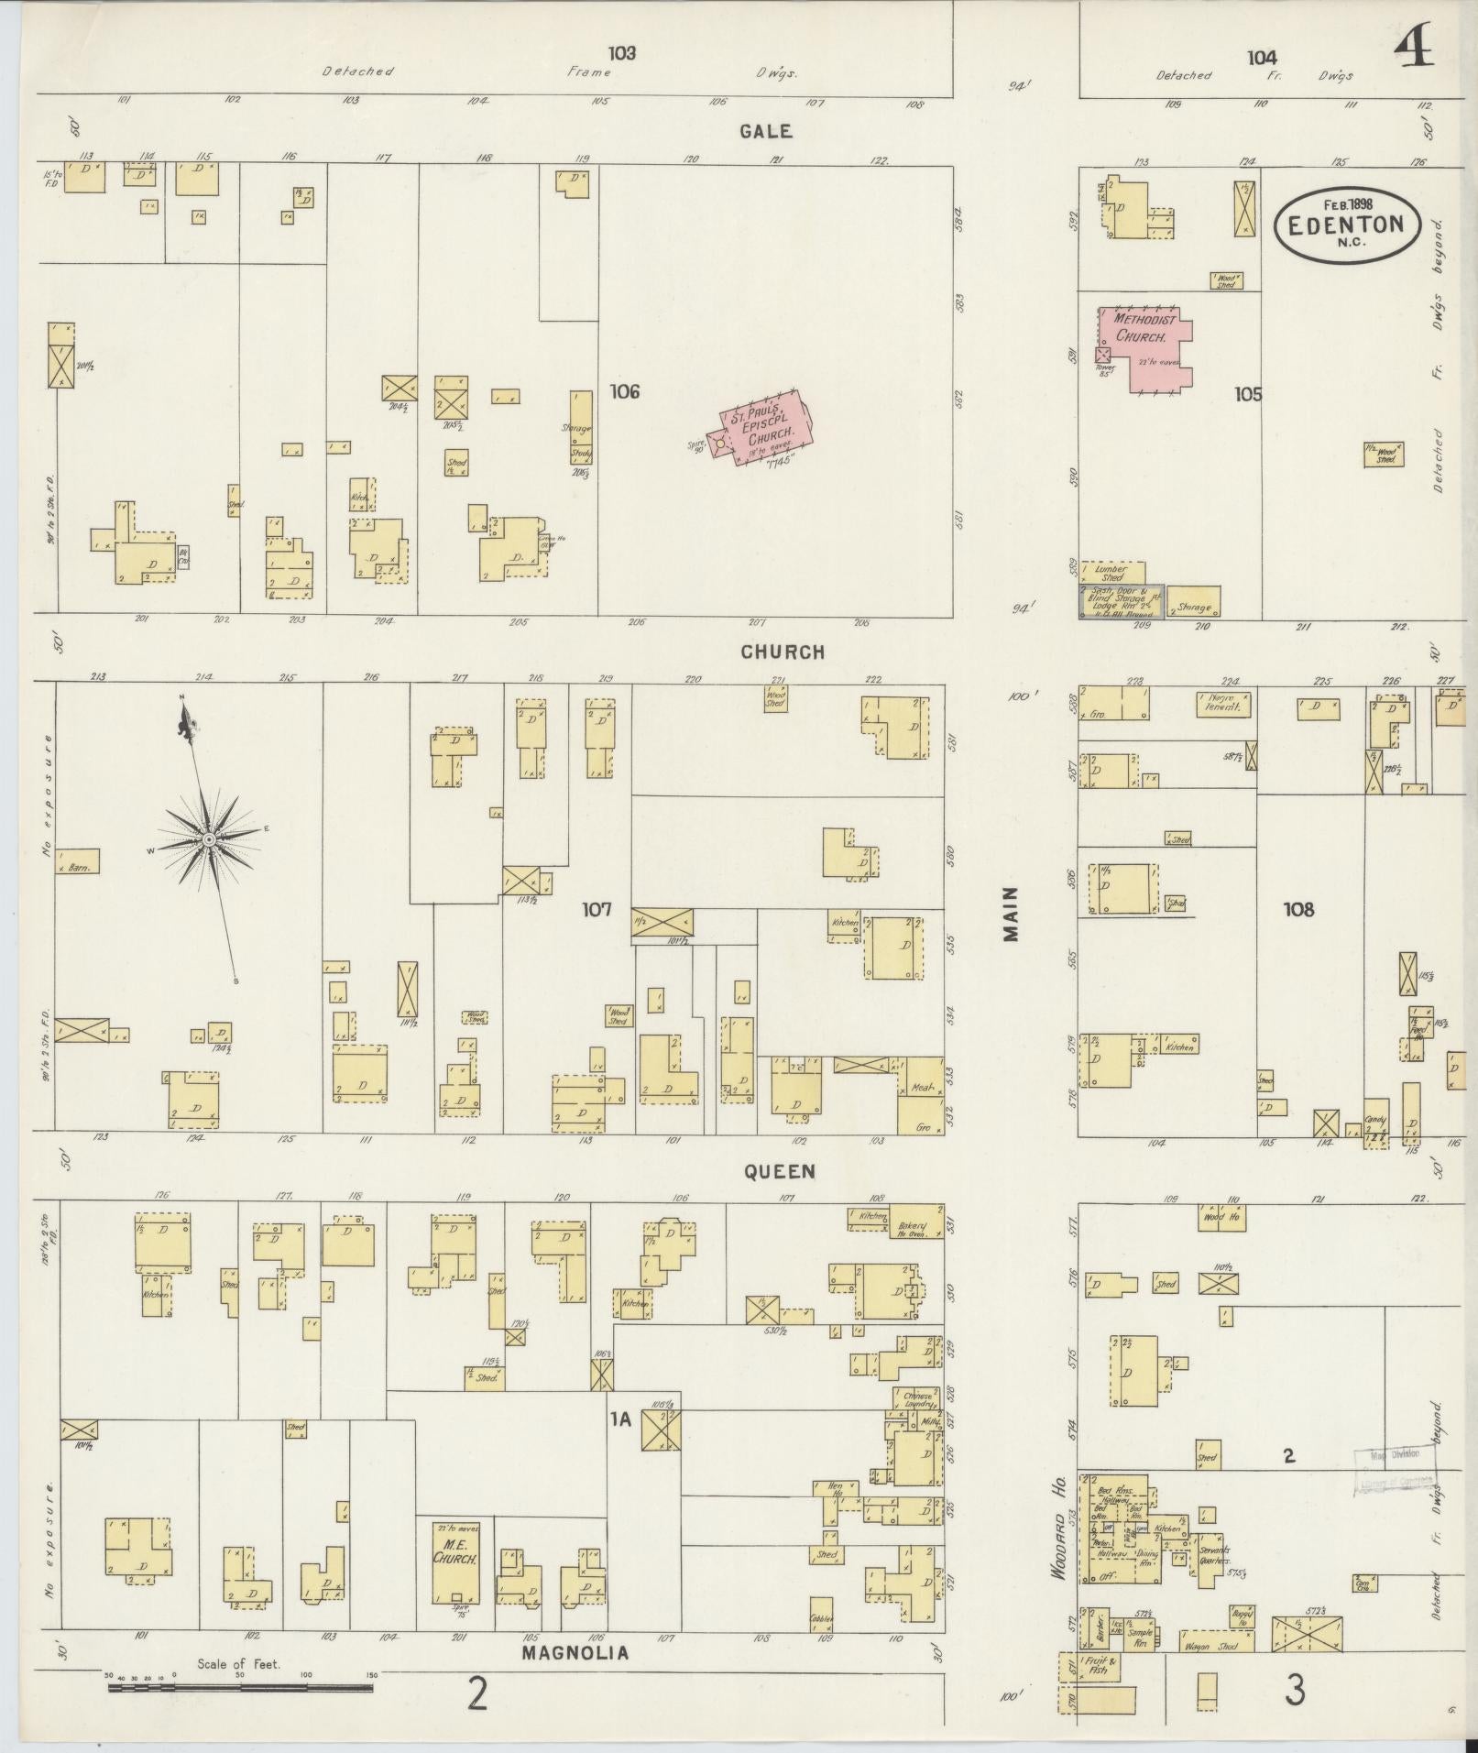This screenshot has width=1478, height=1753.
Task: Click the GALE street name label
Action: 767,131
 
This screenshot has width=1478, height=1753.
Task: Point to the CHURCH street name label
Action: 783,652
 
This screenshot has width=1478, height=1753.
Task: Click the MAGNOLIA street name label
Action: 575,1653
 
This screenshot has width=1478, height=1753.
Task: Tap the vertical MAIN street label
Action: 1011,914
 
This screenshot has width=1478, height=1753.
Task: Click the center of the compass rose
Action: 209,838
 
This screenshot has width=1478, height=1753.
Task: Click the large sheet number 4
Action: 1415,45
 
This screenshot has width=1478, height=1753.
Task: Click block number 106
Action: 624,392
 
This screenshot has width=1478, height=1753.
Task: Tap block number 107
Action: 597,910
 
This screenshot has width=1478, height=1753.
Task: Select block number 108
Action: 1298,909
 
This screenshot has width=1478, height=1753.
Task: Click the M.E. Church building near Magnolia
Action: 455,1562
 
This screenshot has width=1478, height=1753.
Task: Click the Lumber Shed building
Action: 1111,573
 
